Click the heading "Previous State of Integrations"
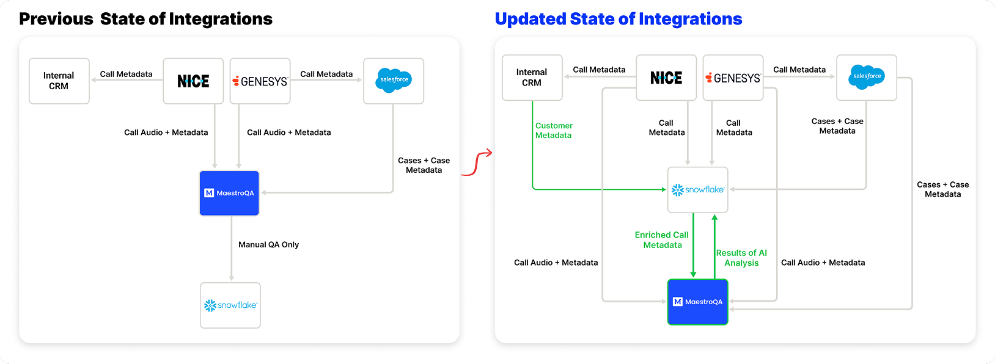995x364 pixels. (x=145, y=19)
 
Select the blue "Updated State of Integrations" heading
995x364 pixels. (x=619, y=19)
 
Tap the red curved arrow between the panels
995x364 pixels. (x=476, y=163)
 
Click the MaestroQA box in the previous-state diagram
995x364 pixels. (x=229, y=193)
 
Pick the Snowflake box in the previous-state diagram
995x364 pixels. (x=230, y=305)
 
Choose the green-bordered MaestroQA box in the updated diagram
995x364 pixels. (x=698, y=302)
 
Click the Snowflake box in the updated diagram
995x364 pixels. (x=698, y=189)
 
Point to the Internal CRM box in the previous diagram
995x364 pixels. (x=59, y=81)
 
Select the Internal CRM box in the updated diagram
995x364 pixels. (x=532, y=78)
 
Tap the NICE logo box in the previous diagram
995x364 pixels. (x=193, y=81)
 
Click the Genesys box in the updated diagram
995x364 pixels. (x=733, y=78)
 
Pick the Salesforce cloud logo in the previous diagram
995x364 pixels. (x=394, y=80)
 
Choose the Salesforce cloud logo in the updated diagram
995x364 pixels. (x=867, y=77)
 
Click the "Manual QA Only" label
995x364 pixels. (x=269, y=244)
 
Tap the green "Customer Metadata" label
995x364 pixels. (x=554, y=131)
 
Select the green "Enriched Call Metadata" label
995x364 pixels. (x=662, y=239)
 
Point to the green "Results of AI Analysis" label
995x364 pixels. (x=741, y=258)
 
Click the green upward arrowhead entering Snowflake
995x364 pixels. (x=714, y=218)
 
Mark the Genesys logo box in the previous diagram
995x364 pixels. (x=260, y=81)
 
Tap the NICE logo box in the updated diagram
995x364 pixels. (x=666, y=78)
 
